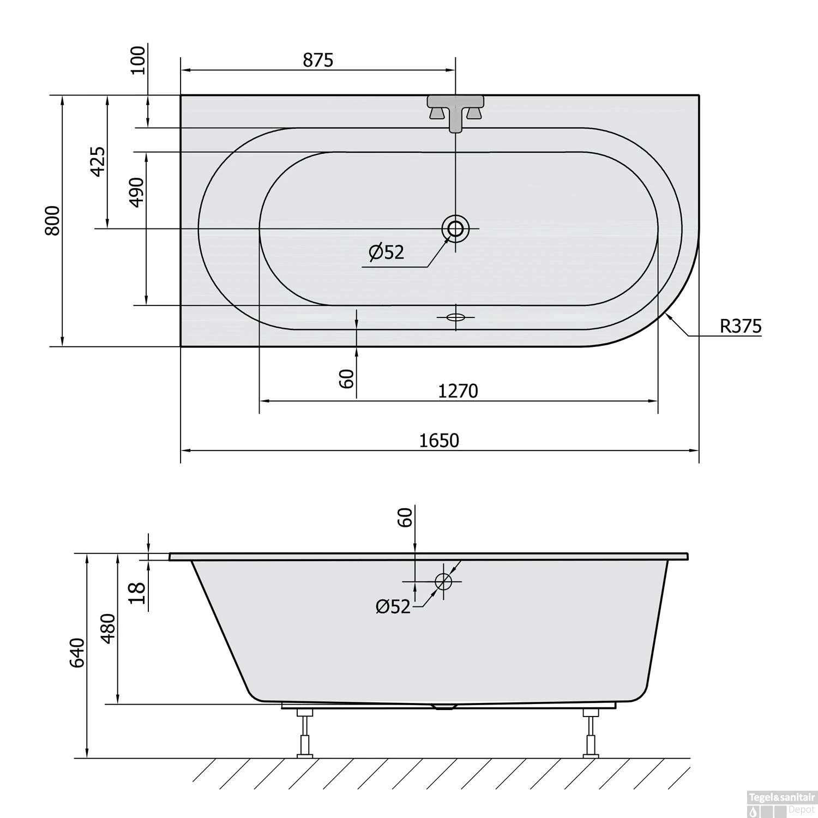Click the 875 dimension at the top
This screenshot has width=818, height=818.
(317, 60)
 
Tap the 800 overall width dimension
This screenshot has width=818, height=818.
(52, 220)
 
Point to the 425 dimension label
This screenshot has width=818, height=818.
(97, 161)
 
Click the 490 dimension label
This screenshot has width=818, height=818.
(136, 193)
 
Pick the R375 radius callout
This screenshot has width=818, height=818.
(740, 326)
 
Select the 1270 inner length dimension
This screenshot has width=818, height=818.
(458, 390)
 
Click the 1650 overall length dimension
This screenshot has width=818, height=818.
(439, 440)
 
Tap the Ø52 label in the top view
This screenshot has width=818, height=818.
(386, 252)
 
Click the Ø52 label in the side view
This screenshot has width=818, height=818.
(393, 606)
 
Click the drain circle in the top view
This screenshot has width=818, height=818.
(455, 228)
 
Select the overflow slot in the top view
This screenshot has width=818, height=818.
(455, 317)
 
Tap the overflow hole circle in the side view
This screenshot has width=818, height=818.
(443, 581)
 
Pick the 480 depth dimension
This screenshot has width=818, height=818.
(108, 628)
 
